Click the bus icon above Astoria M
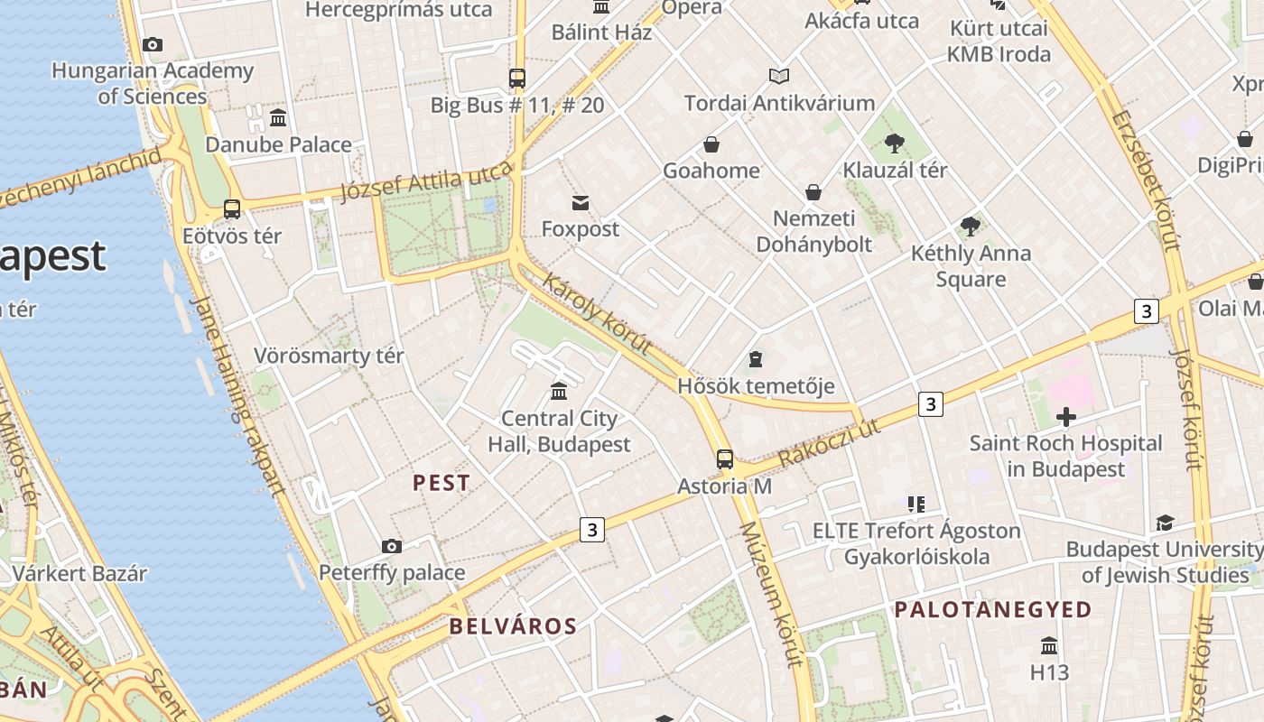coord(725,458)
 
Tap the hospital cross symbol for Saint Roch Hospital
coord(1066,416)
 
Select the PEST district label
coord(441,483)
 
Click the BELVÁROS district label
coord(513,626)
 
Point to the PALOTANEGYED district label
coord(993,610)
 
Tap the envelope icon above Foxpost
coord(581,203)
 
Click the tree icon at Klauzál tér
coord(895,143)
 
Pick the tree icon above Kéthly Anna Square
coord(971,226)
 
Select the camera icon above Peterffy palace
coord(391,546)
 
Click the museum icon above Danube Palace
coord(278,117)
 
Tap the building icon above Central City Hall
coord(559,392)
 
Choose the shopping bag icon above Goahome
coord(711,144)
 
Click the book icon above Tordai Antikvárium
coord(779,77)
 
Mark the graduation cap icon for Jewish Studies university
coord(1165,523)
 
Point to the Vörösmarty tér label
coord(329,356)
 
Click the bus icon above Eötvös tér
coord(232,209)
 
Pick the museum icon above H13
coord(1049,646)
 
